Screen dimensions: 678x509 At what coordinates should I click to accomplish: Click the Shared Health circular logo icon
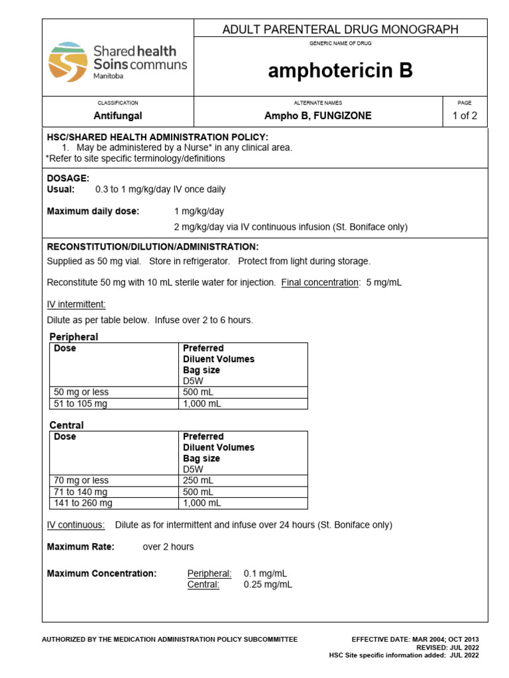(68, 62)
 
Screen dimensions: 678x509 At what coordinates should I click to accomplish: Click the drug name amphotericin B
(340, 72)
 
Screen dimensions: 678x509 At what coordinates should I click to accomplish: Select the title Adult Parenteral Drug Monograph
(340, 29)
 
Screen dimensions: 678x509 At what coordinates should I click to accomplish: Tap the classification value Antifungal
(117, 115)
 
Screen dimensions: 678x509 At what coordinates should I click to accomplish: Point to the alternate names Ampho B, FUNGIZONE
(318, 115)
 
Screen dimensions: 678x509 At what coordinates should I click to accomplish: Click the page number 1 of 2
(464, 115)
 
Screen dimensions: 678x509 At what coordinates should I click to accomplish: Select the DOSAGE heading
(68, 179)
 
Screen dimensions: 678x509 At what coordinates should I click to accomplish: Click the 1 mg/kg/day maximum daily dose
(199, 211)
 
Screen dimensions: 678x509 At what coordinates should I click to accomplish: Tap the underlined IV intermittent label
(76, 304)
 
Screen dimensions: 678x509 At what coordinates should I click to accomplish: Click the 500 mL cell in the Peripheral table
(197, 392)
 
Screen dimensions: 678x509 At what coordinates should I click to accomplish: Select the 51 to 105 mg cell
(80, 403)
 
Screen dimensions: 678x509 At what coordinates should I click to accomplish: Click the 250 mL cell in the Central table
(197, 480)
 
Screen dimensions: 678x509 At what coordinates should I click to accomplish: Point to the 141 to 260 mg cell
(83, 503)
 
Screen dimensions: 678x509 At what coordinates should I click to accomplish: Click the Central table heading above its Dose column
(66, 425)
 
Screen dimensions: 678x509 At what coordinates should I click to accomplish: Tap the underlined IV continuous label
(76, 525)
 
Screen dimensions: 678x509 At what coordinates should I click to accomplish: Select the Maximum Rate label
(80, 547)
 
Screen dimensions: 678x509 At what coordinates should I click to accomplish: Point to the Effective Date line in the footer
(415, 639)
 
